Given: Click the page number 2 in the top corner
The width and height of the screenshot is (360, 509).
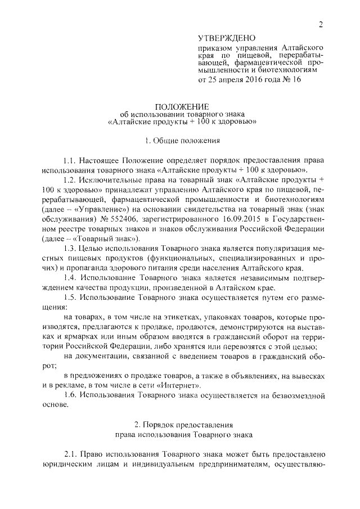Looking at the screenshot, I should [x=321, y=24].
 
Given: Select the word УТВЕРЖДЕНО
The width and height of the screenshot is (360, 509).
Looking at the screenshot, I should [x=227, y=38].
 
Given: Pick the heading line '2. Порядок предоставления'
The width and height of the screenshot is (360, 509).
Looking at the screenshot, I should [x=182, y=426].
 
